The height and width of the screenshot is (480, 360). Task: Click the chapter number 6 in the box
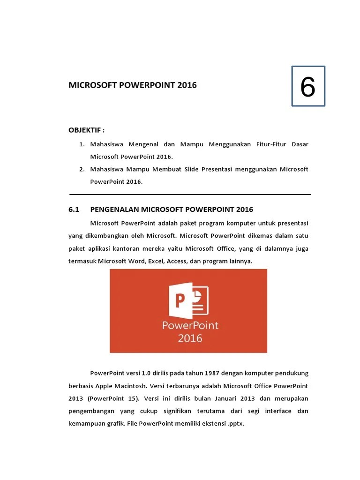tap(308, 87)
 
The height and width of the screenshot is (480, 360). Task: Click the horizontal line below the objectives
tap(190, 194)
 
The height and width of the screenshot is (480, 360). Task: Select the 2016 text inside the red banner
tap(190, 337)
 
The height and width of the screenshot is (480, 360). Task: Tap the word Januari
tap(213, 398)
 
